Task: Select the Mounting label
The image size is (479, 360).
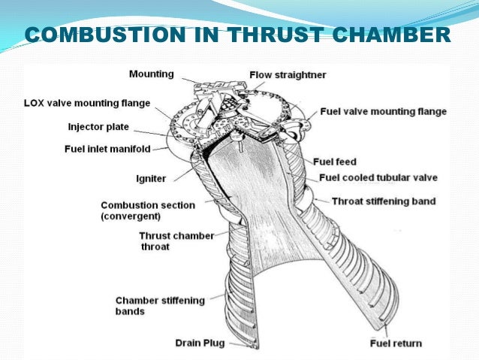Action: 151,74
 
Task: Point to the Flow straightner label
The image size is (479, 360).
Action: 288,74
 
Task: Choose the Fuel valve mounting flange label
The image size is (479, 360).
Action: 383,111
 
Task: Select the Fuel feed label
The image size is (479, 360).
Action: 334,162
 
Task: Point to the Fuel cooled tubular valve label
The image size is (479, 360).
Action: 378,178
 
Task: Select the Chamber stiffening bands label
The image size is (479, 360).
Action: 159,305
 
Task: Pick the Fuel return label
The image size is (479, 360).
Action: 396,343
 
